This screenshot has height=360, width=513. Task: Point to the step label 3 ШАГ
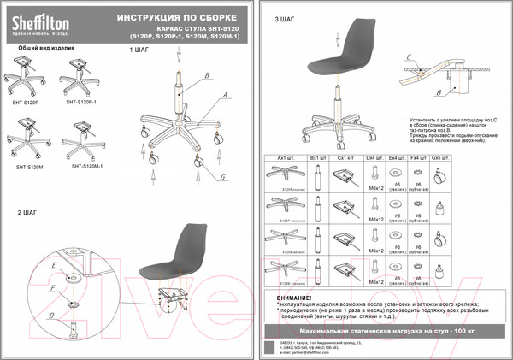pos(285,18)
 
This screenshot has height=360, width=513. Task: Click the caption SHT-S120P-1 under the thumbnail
pos(81,101)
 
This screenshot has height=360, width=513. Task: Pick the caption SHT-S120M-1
pos(86,167)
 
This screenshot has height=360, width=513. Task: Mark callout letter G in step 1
pos(222,176)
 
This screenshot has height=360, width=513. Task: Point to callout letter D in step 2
pos(51,316)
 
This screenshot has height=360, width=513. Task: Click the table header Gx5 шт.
pos(439,157)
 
